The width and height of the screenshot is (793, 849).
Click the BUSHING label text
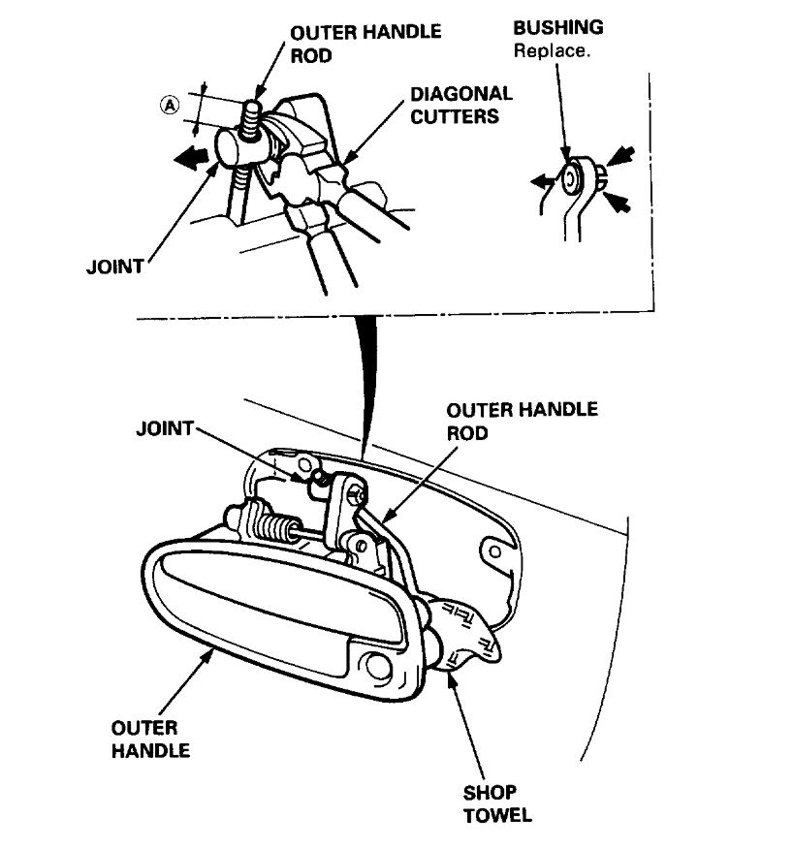[x=557, y=27]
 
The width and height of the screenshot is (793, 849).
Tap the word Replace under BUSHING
[x=551, y=50]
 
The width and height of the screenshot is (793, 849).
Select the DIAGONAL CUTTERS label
[x=460, y=105]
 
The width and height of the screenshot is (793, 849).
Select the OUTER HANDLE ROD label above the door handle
[x=523, y=421]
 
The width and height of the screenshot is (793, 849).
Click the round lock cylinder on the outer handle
[x=376, y=668]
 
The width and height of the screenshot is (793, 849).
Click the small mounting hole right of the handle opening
[x=494, y=551]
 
